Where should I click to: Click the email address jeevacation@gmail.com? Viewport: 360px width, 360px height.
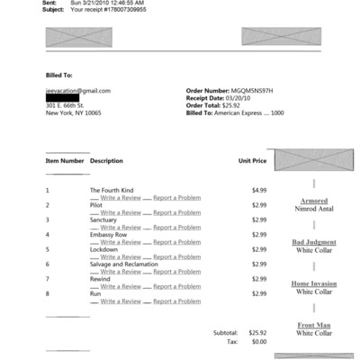78,91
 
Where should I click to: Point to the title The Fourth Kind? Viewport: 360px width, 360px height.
111,190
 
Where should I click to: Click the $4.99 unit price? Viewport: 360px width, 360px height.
259,190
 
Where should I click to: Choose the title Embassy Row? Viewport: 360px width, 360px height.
109,234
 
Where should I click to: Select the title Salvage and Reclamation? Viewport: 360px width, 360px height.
125,264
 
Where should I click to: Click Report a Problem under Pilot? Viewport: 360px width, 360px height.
176,212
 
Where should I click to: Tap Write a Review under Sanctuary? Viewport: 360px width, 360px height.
121,227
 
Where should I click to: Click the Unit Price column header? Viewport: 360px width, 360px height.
252,160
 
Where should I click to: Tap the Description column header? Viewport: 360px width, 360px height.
106,160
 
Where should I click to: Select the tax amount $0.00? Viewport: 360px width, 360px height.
259,342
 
